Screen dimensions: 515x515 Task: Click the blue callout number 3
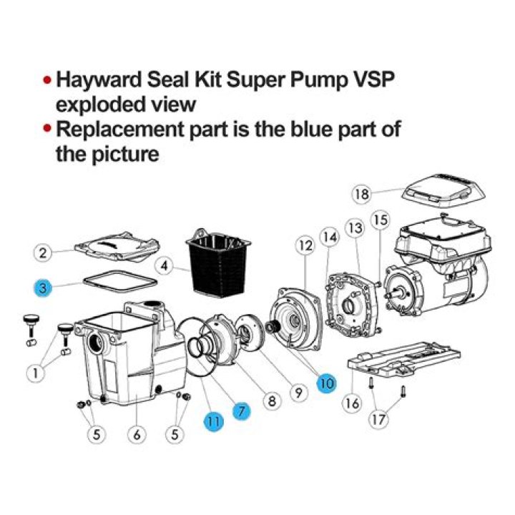[x=43, y=288]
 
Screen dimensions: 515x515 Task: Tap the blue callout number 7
[x=242, y=411]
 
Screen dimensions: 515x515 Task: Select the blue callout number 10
[x=326, y=383]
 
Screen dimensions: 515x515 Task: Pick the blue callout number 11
[x=213, y=421]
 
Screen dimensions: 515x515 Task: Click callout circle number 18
[x=362, y=194]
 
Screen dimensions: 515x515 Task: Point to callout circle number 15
[x=381, y=220]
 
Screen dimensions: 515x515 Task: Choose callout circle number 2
[x=43, y=253]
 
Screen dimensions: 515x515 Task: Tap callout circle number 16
[x=352, y=403]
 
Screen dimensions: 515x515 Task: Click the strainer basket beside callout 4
[x=217, y=263]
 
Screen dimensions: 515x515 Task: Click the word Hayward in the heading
[x=99, y=81]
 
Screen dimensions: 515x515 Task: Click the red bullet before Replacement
[x=48, y=128]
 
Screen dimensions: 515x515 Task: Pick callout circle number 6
[x=137, y=435]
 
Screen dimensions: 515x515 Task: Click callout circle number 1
[x=36, y=373]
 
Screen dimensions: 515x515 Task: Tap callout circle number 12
[x=306, y=245]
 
